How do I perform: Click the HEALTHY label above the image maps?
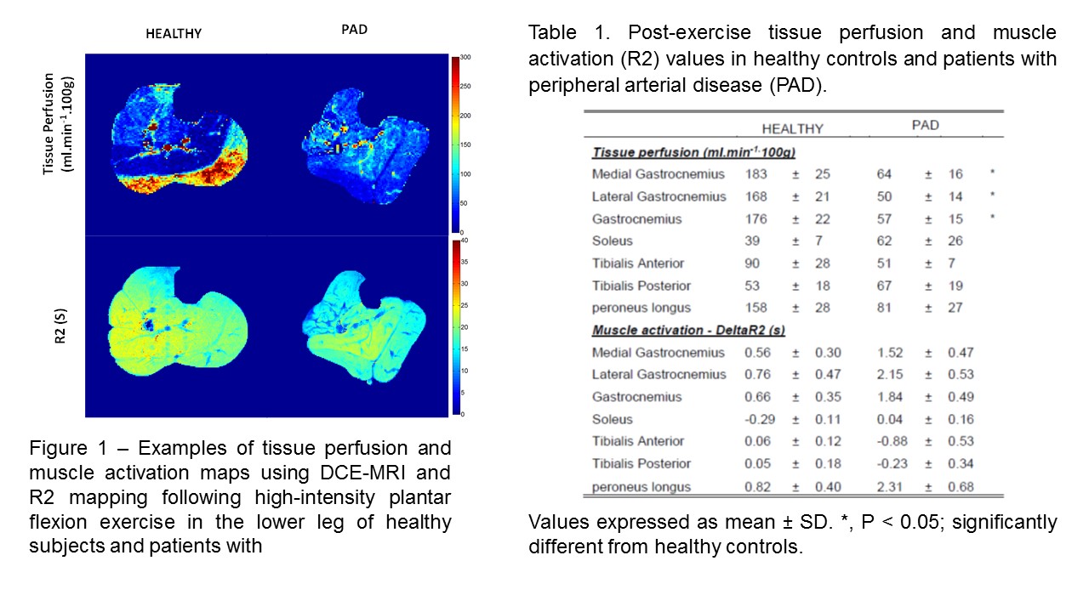click(x=174, y=34)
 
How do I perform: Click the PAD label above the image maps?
click(x=354, y=30)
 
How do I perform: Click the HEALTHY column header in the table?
click(x=792, y=129)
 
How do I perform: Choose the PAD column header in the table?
click(x=925, y=125)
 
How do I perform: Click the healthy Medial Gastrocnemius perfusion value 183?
click(x=755, y=174)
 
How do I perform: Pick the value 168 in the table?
click(x=755, y=196)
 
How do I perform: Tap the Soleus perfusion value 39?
click(x=752, y=241)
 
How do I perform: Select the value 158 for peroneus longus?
click(x=755, y=307)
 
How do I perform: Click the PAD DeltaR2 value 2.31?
click(x=891, y=487)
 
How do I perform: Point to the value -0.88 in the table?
click(x=889, y=441)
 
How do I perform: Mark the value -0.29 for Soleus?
click(x=756, y=419)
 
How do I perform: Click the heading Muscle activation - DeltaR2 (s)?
click(x=687, y=330)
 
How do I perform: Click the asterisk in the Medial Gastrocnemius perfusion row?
click(x=992, y=173)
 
